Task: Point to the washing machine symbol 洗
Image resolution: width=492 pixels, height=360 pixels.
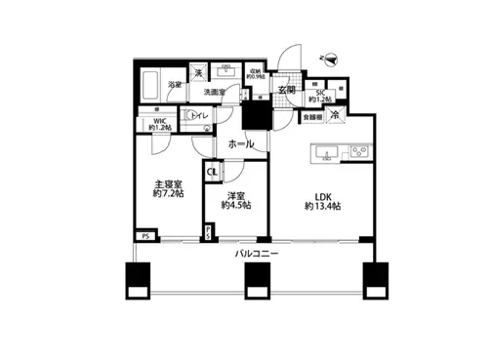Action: tap(197, 73)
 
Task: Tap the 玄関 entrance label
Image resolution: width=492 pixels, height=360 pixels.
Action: tap(286, 92)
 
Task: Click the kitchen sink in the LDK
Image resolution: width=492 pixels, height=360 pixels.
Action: tap(324, 151)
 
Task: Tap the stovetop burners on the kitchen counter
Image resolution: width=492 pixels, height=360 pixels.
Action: tap(357, 151)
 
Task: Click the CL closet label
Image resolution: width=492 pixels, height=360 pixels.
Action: tap(212, 174)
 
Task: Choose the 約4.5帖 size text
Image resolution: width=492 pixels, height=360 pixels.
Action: tap(236, 206)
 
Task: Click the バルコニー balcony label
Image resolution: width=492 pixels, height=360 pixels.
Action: tap(258, 256)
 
